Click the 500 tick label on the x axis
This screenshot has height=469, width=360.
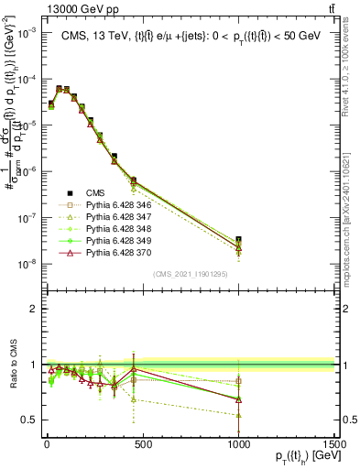(142, 444)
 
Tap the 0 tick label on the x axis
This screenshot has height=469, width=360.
(47, 444)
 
